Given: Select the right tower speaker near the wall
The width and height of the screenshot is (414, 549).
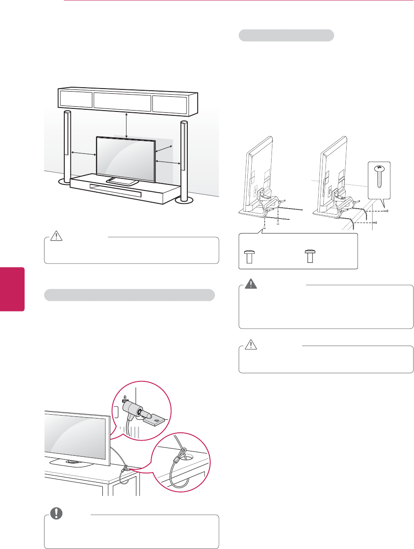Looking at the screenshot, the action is tap(184, 160).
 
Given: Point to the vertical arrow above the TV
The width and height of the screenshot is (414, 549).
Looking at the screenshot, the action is tap(126, 125).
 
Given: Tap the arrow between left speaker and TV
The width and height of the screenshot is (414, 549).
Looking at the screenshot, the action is tap(83, 153).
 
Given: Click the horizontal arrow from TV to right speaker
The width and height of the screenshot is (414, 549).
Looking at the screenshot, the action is tap(167, 162).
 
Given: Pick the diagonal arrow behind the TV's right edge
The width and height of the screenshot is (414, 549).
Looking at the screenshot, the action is tap(164, 148).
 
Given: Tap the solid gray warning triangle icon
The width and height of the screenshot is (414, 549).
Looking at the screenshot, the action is tap(251, 284).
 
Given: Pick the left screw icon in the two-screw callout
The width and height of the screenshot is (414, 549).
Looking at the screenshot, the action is tap(248, 256).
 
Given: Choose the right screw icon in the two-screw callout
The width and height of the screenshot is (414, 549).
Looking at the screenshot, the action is tap(309, 256).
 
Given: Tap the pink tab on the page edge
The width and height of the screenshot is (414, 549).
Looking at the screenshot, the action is tap(12, 289).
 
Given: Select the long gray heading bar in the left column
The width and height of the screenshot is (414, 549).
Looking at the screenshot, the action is tap(130, 295).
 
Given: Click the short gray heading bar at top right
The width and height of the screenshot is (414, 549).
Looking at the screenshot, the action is tap(286, 35).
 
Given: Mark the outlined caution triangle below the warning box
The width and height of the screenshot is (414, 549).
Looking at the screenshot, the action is tap(251, 345).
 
